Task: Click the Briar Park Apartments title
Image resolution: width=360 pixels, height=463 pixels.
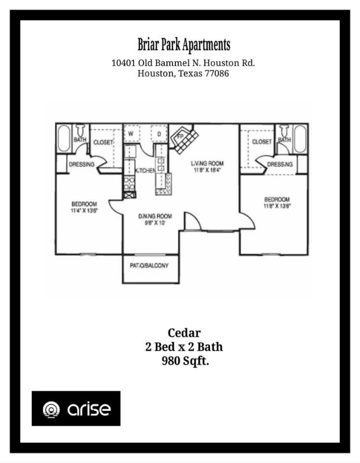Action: click(x=183, y=45)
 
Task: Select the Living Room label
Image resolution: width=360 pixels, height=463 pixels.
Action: click(x=207, y=163)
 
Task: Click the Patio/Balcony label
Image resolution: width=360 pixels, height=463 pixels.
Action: click(x=150, y=266)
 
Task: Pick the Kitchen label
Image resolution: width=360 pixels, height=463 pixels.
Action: click(x=145, y=171)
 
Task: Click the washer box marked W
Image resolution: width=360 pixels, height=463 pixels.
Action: click(x=131, y=134)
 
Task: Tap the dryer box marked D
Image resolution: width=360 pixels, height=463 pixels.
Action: click(x=159, y=134)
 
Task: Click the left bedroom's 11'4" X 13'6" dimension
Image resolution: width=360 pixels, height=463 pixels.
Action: click(x=84, y=211)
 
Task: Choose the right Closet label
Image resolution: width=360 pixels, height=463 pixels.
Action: click(x=262, y=142)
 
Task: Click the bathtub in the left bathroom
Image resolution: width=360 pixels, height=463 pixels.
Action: click(x=64, y=139)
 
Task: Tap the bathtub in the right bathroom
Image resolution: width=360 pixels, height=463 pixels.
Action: click(x=300, y=139)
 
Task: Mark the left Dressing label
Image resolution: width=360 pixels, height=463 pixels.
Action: click(x=82, y=164)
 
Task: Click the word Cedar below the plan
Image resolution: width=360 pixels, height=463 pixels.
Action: click(x=184, y=333)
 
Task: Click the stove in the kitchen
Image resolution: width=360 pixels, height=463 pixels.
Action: click(x=129, y=184)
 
